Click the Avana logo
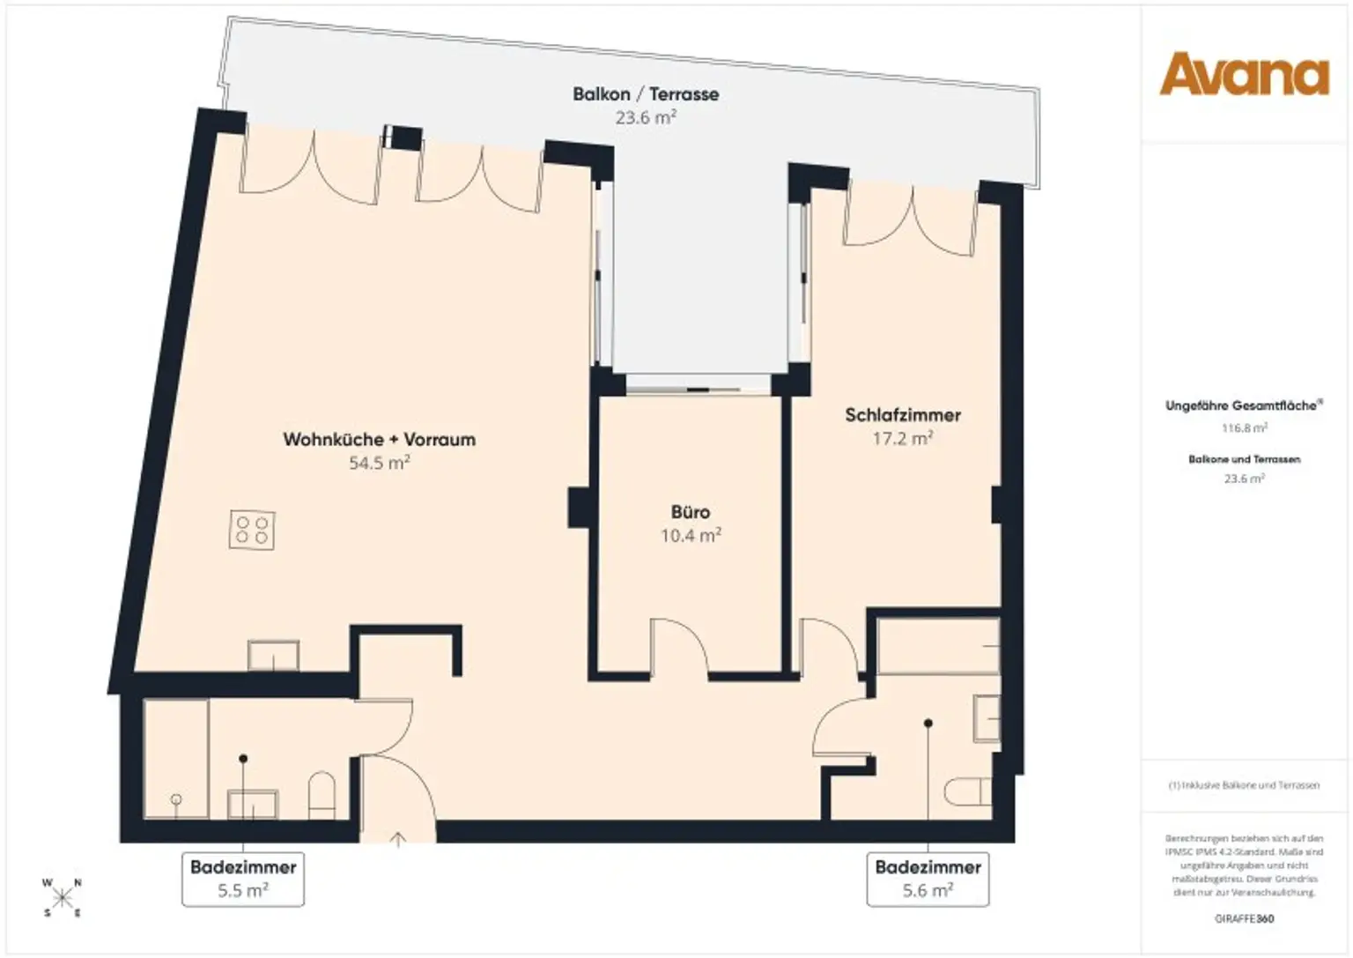[x=1244, y=74]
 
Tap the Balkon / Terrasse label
[x=645, y=94]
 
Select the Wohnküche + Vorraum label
[x=379, y=439]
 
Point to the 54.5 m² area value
[x=379, y=463]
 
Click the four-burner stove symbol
[x=251, y=531]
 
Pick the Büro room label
[x=690, y=512]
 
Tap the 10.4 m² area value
[x=691, y=535]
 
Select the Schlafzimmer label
[x=902, y=415]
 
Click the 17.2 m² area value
[x=902, y=438]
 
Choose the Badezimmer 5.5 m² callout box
[x=243, y=879]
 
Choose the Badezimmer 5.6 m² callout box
[x=928, y=879]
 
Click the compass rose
[x=63, y=898]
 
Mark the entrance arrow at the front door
[x=397, y=839]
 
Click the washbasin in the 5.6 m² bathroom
[x=987, y=717]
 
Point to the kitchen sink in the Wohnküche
[x=273, y=656]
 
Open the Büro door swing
[x=679, y=647]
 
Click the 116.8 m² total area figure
[x=1243, y=428]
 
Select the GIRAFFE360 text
[x=1244, y=918]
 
